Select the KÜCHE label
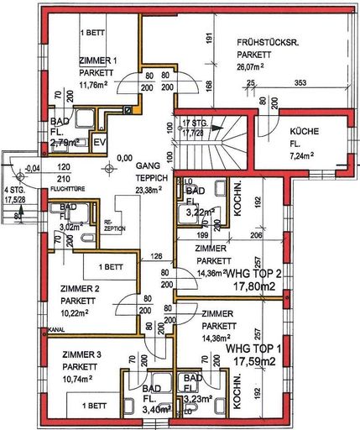point(304,132)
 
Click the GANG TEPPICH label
point(154,173)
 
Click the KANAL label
point(57,329)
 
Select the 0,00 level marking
point(124,156)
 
